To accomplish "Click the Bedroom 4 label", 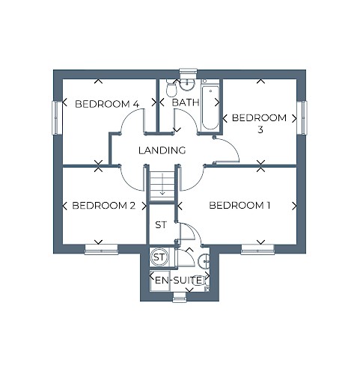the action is (107, 104).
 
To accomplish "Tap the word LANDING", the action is (162, 150).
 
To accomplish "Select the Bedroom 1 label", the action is (240, 206).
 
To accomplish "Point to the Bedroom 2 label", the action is (104, 206).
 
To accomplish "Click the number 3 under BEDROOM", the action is (260, 130).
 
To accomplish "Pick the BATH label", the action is (186, 102).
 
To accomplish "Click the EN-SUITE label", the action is (178, 280).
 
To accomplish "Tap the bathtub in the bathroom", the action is (210, 108).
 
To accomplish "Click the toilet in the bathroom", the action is (171, 88).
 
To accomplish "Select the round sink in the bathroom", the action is (187, 85).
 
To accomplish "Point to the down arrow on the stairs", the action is (162, 184).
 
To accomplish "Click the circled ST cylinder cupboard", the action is (159, 257).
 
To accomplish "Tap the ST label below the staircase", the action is (161, 225).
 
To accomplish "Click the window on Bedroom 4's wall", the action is (55, 118).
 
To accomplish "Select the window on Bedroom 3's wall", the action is (303, 117).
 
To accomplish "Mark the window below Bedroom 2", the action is (101, 250).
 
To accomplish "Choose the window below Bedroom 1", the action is (257, 250).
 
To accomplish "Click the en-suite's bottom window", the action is (180, 298).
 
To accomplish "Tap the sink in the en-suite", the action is (204, 261).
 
